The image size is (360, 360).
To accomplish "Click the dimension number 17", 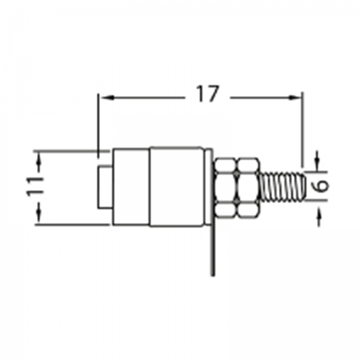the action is click(x=208, y=94).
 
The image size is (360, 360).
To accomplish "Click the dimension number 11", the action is click(x=35, y=187).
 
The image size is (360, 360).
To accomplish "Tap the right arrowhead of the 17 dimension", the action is click(x=295, y=98).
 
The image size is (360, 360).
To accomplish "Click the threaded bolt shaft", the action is click(x=283, y=187).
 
